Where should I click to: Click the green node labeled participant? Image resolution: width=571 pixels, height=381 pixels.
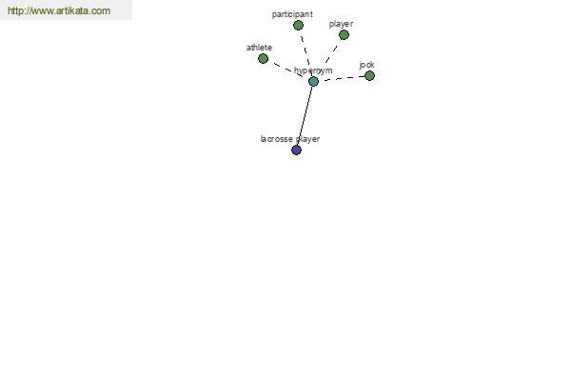tap(298, 25)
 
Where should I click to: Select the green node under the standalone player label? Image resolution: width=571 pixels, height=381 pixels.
tap(344, 35)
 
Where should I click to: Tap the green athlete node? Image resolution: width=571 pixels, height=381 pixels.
tap(263, 58)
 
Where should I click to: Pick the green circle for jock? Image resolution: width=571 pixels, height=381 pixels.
tap(369, 76)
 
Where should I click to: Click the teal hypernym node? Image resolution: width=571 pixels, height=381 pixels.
tap(313, 81)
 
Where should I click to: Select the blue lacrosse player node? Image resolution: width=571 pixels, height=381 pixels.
tap(296, 150)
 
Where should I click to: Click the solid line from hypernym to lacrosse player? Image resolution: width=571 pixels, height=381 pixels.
tap(305, 115)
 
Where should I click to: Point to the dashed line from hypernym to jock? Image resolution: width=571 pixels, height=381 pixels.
tap(342, 78)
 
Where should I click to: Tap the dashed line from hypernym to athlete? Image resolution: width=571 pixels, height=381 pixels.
tap(288, 70)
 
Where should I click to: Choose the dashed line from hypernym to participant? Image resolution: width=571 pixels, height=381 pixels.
tap(305, 53)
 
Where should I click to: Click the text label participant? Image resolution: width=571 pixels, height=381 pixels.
tap(292, 14)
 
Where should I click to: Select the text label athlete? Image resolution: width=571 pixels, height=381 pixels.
tap(259, 48)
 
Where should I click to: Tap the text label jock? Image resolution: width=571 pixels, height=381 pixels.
tap(366, 65)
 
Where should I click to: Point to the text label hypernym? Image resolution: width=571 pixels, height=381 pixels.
tap(313, 70)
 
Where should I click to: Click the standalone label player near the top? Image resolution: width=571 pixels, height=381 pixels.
tap(342, 24)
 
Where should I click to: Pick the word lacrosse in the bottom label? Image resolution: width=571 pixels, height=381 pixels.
tap(276, 139)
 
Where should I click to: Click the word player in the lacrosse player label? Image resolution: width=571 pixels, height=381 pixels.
tap(307, 139)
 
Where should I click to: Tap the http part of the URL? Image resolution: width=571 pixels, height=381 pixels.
tap(15, 10)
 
